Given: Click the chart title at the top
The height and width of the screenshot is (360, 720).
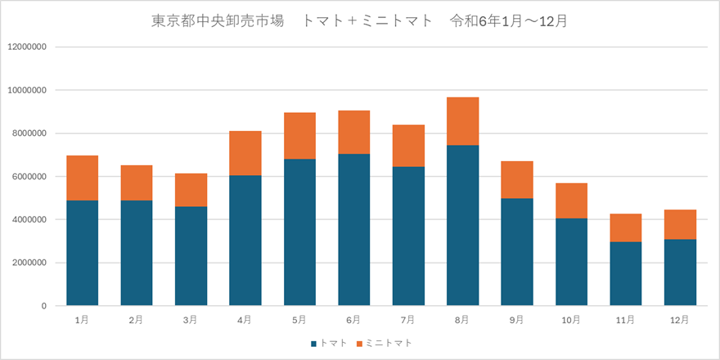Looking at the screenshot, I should coord(360,21).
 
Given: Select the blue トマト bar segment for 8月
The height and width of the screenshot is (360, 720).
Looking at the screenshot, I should coord(462,225).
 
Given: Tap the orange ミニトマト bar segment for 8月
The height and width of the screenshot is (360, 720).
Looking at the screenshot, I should coord(462,121).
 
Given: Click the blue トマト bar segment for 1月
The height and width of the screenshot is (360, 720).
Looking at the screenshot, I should coord(82,253).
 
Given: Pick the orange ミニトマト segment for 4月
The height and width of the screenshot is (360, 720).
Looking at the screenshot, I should coord(245,153).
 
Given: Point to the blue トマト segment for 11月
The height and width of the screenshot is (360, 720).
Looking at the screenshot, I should coord(625,273).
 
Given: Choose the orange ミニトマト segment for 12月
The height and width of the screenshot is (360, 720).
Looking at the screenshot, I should coord(680,224).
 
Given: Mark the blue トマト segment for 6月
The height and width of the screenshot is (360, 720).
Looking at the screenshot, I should coord(353,229).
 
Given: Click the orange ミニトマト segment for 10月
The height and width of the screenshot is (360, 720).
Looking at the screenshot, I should coord(571,200).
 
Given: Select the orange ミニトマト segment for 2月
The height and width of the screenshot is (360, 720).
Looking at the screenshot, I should coord(136,182).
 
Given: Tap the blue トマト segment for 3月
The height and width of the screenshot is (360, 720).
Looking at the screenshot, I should coord(191,255).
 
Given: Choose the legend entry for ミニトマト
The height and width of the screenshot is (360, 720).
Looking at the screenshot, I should coord(384,343).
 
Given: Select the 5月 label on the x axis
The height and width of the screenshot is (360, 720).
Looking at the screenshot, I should coord(299,320).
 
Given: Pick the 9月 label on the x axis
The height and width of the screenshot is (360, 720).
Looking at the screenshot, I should coord(516,320).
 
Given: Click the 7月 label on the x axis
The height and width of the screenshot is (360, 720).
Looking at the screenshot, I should coord(407,320).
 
